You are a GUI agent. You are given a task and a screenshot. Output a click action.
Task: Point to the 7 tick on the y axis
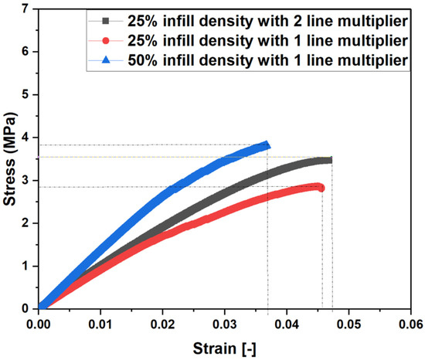point(28,8)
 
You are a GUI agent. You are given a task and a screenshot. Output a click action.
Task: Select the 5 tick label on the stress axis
point(28,94)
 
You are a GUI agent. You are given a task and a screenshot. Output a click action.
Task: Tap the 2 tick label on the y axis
point(28,222)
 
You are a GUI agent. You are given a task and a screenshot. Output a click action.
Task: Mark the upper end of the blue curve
point(267,144)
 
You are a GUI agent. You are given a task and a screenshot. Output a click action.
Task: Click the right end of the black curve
point(330,160)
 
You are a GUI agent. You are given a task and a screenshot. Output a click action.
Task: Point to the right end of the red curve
point(321,188)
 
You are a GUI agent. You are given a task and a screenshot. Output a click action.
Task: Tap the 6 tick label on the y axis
point(28,52)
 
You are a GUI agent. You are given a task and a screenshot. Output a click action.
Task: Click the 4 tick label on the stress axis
point(28,137)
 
